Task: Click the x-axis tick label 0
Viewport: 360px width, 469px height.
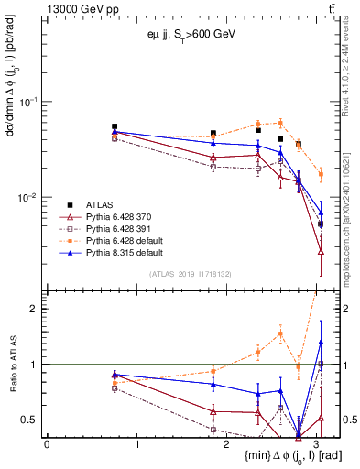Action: coord(47,444)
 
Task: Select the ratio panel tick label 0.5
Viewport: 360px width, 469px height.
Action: coord(32,420)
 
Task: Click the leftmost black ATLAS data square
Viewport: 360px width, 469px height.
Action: coord(115,126)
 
